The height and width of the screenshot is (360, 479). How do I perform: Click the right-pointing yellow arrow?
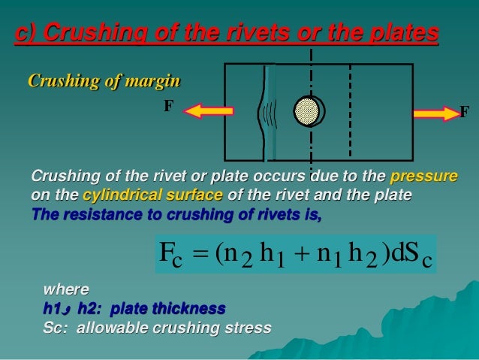436,114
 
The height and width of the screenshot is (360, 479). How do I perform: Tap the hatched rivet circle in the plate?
308,112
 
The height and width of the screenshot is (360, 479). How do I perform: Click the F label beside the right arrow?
465,113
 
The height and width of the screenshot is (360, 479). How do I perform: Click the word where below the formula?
66,289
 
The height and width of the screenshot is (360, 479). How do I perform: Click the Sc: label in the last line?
56,328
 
